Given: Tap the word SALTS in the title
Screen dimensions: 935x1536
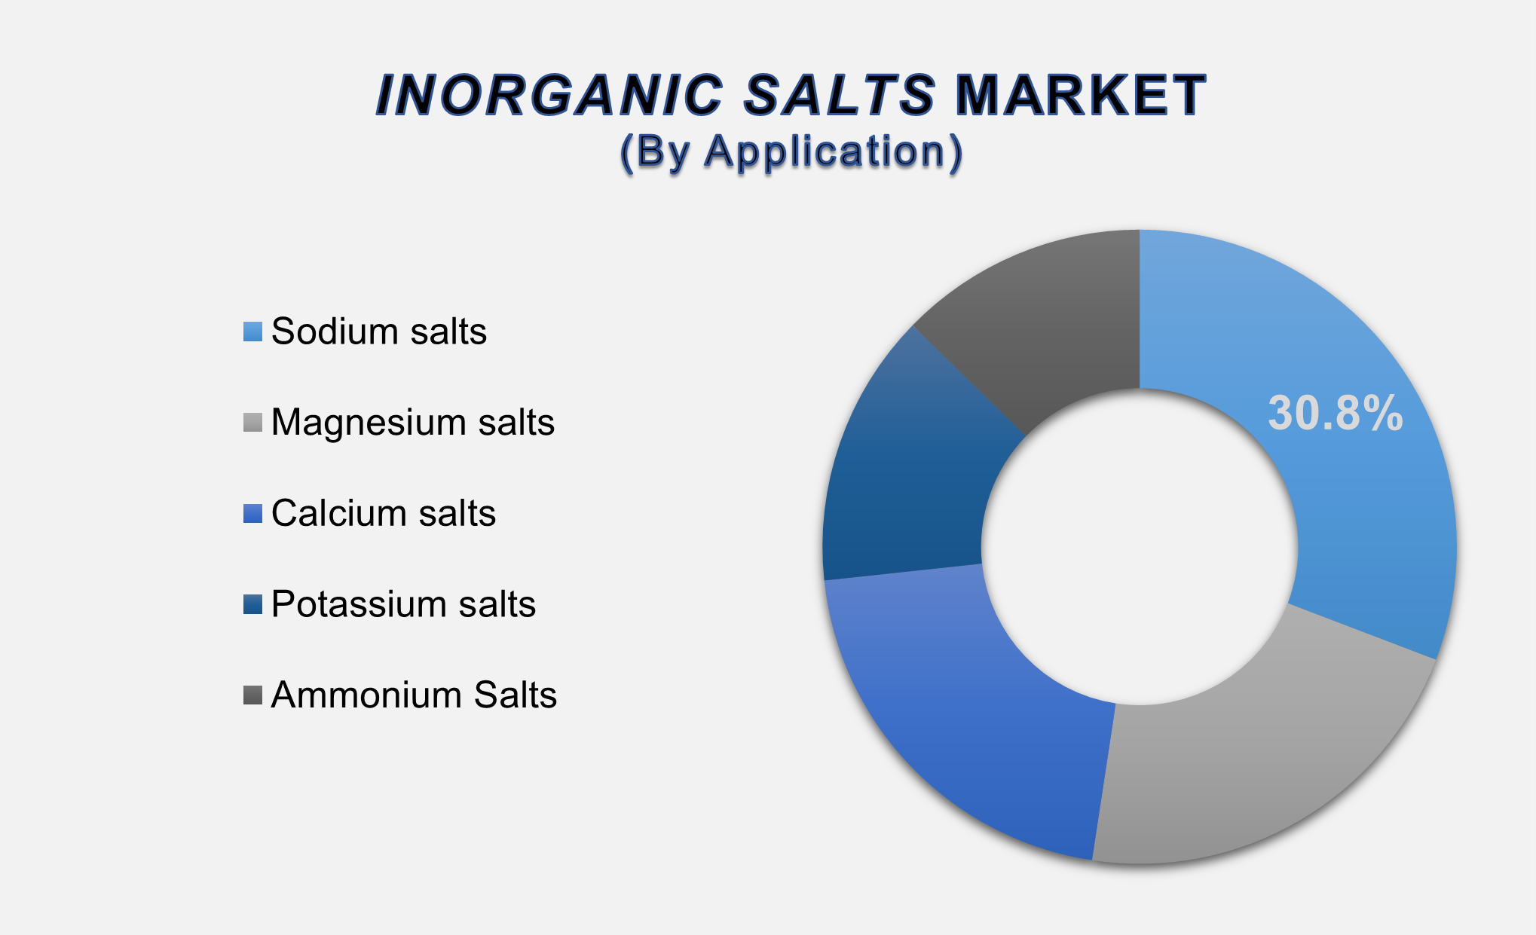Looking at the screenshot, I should point(839,96).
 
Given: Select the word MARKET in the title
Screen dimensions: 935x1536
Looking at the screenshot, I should point(1081,96).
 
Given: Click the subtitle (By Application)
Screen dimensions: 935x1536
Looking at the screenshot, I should point(791,151).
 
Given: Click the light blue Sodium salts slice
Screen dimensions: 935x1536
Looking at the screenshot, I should point(1357,512).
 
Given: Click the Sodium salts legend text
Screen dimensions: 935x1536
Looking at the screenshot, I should point(379,332).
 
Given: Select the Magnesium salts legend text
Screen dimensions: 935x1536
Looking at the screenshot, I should point(413,423).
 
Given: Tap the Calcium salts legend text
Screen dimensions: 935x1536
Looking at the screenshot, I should point(384,514).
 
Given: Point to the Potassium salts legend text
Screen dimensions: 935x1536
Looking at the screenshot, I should point(403,604).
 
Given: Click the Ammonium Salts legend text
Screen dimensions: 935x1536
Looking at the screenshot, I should point(414,695).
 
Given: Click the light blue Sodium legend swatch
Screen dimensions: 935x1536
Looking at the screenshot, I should point(252,332).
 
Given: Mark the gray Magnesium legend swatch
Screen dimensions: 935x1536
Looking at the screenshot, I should point(252,423).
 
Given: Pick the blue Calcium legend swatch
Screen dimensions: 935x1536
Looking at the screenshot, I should point(252,514).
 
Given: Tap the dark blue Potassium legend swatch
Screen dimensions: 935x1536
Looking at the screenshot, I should point(252,605).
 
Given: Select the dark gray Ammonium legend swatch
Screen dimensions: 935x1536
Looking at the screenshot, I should point(252,695).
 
